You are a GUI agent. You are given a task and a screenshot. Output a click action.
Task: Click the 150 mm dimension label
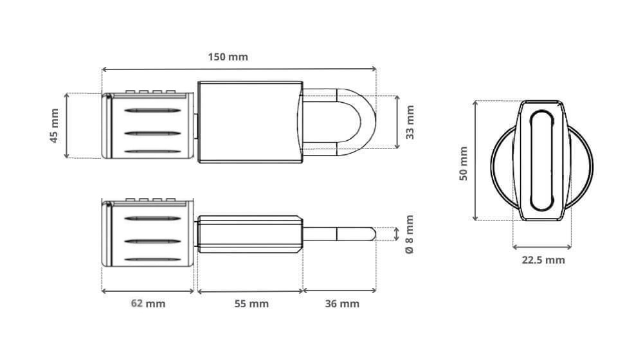click(228, 57)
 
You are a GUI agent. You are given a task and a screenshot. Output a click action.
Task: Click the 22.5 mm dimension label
click(543, 260)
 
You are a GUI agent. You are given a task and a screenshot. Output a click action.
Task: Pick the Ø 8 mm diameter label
click(410, 234)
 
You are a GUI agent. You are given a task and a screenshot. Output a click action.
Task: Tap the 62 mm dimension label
click(147, 303)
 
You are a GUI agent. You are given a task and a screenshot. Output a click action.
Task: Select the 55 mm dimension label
click(250, 303)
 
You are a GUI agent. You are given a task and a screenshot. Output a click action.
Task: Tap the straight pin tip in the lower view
click(341, 233)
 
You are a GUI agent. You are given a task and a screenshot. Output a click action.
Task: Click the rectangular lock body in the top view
click(249, 122)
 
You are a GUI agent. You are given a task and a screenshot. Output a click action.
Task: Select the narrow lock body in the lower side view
click(249, 233)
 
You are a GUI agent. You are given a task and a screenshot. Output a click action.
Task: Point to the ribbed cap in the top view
click(148, 125)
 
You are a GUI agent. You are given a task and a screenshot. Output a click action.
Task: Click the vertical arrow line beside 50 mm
click(475, 161)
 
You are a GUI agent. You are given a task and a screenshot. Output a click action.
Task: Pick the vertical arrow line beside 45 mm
click(67, 125)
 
